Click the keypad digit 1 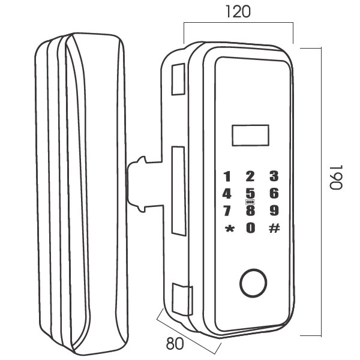click(227, 177)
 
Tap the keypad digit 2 click(250, 176)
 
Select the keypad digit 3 click(274, 176)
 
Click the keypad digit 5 click(250, 193)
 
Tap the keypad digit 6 click(274, 193)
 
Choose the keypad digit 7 click(227, 211)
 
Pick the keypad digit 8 click(250, 211)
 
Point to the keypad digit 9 click(274, 211)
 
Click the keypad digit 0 click(250, 227)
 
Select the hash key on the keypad click(274, 227)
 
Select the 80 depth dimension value click(175, 344)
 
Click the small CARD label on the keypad click(250, 202)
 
